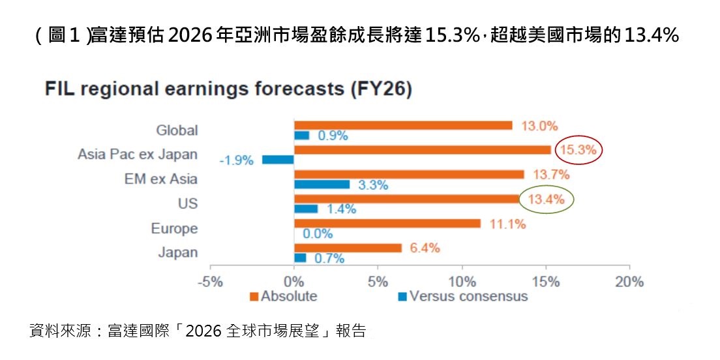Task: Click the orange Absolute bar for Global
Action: (402, 125)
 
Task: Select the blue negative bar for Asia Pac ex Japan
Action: (278, 160)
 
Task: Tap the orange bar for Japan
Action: (348, 248)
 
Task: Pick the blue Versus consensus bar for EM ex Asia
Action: (322, 185)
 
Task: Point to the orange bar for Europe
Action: (387, 224)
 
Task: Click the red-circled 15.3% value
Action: (578, 150)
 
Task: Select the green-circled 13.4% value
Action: (546, 200)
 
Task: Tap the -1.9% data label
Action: (235, 160)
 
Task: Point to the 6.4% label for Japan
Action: (425, 248)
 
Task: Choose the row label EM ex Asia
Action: (160, 179)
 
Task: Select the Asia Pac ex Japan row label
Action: (137, 155)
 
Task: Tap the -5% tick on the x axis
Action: (210, 282)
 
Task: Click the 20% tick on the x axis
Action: (629, 282)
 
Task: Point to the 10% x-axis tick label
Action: (462, 282)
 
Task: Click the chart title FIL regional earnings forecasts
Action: (228, 90)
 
